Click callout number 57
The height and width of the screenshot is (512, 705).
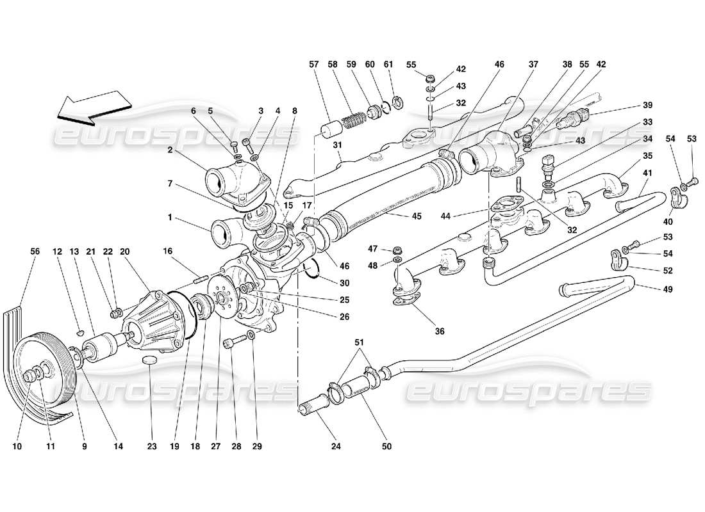(313, 65)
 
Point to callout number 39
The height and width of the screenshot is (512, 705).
(648, 106)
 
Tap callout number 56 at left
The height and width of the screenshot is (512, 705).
(36, 252)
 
